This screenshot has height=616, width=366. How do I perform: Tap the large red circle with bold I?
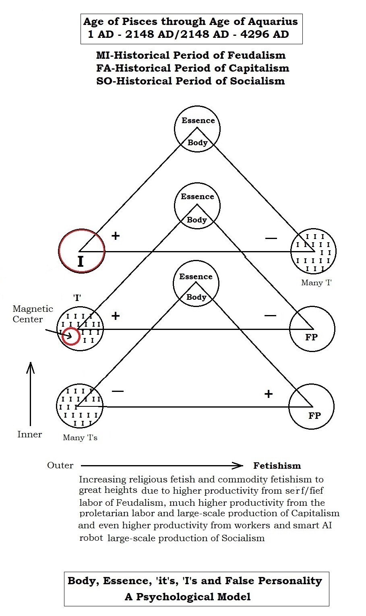(x=82, y=251)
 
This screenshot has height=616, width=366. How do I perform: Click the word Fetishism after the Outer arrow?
(x=277, y=466)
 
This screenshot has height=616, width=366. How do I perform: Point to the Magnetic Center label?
(x=33, y=314)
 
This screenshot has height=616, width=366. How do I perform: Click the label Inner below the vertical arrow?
(x=29, y=434)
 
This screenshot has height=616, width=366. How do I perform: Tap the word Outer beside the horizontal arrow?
(x=60, y=465)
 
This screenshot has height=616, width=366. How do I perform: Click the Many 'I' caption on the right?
(x=316, y=282)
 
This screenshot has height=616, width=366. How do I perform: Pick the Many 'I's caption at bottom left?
(x=80, y=437)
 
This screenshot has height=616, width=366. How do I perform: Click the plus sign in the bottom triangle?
(x=269, y=393)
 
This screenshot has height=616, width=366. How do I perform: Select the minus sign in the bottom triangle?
(x=118, y=391)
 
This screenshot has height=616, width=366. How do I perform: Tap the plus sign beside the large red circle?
(x=116, y=235)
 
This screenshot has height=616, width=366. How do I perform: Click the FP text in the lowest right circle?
(x=314, y=416)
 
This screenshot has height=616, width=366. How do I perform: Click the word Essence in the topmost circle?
(x=198, y=120)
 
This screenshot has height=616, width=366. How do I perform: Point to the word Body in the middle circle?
(x=197, y=220)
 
